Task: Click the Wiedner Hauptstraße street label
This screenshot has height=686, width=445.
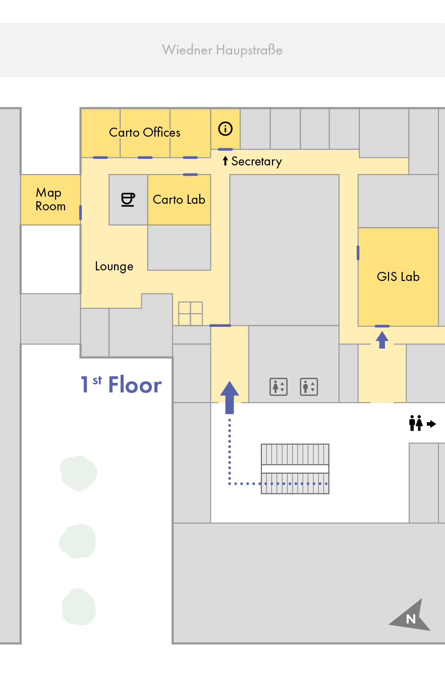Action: pos(222,50)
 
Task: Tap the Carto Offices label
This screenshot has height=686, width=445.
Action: pos(145,132)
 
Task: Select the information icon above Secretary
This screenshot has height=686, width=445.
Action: pos(226,129)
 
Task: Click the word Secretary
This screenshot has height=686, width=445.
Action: pos(256,161)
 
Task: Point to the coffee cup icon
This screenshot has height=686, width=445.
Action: pos(128,200)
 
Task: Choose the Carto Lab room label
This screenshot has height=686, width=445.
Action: pos(179,200)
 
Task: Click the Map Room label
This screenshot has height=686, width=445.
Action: pos(50,199)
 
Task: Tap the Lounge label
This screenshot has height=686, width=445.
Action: pos(114,266)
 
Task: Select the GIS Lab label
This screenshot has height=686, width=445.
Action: pos(398,276)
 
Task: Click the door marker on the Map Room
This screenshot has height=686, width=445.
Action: pos(81,212)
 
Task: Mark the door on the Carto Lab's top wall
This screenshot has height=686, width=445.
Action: pos(190,175)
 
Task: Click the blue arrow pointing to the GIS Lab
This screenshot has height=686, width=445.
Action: pos(382,340)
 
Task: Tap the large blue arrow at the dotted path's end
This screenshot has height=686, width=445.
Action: pos(230,397)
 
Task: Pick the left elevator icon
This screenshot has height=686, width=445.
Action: pos(279,387)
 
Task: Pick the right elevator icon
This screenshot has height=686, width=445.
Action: pos(309,387)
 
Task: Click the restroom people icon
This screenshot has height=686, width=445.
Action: pos(416,423)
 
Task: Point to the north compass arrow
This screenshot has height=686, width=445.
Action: pos(410,615)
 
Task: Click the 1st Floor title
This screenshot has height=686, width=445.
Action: pos(121,384)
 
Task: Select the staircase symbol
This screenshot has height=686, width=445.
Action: pos(295,469)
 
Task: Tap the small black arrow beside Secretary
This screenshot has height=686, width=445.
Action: pos(225,161)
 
